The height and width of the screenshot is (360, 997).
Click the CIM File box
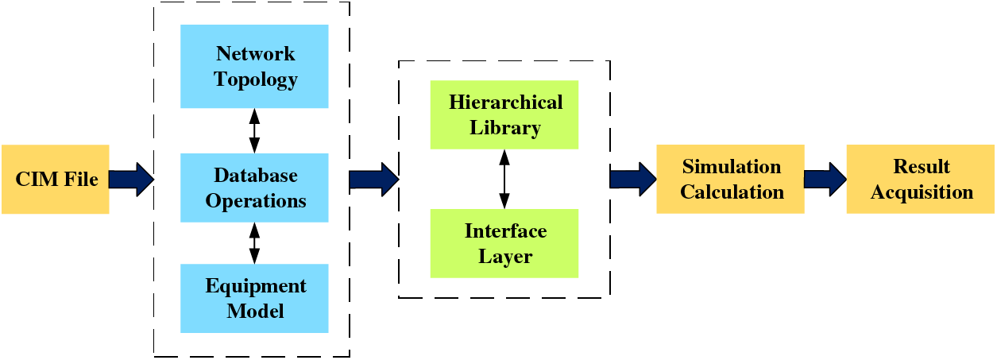[55, 179]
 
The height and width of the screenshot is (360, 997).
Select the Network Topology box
[254, 67]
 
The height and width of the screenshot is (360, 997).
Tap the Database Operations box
[254, 188]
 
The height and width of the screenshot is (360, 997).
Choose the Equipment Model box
[254, 298]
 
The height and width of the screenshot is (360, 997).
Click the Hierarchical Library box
[504, 114]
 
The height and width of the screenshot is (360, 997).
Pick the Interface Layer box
[504, 243]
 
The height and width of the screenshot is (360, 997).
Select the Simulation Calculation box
[730, 179]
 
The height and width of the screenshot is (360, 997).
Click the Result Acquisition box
[920, 179]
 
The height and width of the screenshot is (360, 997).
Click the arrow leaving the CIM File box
[131, 179]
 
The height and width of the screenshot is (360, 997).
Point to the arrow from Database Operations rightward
[373, 179]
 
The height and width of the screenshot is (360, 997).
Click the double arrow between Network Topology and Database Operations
[254, 130]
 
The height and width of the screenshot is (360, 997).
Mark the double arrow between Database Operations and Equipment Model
[254, 243]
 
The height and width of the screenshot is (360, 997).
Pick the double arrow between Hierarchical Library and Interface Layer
[503, 179]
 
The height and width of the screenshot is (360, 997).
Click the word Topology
[255, 79]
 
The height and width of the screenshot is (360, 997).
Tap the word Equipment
[255, 286]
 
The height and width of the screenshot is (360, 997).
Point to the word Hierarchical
[505, 103]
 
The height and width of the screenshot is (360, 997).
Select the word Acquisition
[922, 192]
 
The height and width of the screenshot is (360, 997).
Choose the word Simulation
[732, 167]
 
